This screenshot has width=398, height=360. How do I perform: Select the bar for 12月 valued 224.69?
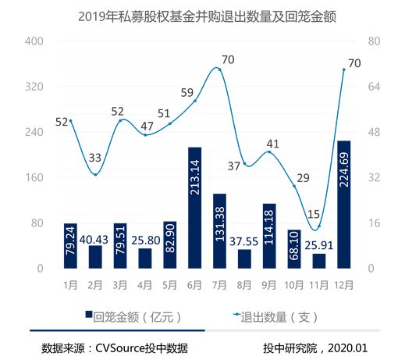click(x=343, y=205)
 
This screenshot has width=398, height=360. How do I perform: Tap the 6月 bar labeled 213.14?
click(x=195, y=208)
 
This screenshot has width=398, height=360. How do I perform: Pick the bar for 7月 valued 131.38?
click(x=219, y=231)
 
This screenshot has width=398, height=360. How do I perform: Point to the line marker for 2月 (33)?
click(x=95, y=174)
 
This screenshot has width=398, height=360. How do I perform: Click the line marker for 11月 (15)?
click(x=319, y=226)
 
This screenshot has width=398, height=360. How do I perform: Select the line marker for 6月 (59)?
click(x=195, y=101)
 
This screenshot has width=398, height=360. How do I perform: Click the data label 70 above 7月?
click(x=228, y=59)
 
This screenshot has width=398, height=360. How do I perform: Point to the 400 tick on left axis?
click(x=32, y=41)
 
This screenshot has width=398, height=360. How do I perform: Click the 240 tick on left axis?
click(x=32, y=133)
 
